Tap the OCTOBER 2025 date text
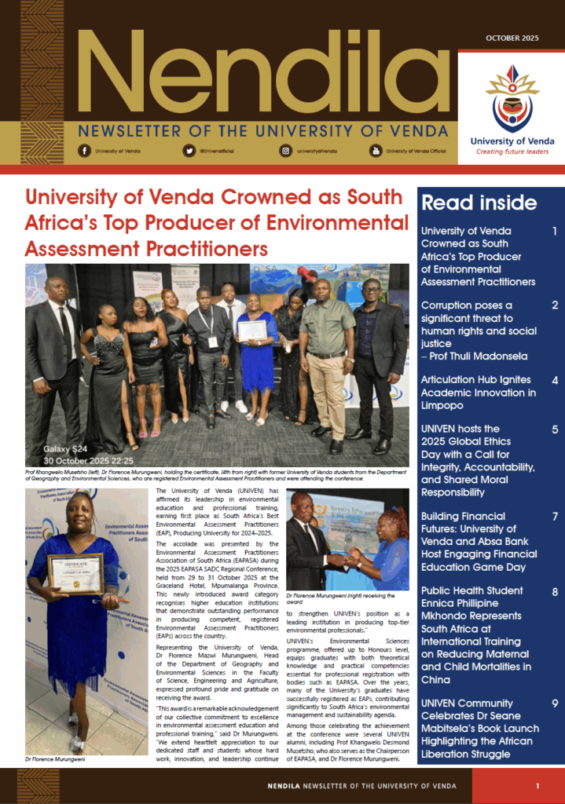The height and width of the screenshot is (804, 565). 512,38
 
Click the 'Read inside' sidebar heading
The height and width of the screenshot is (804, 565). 479,203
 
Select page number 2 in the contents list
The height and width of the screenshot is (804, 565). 555,305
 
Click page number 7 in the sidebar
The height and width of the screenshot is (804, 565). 555,517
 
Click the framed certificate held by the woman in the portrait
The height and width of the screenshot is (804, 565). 75,574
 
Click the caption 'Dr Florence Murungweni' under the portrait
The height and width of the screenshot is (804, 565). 54,760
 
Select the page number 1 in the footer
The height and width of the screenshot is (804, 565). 537,786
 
